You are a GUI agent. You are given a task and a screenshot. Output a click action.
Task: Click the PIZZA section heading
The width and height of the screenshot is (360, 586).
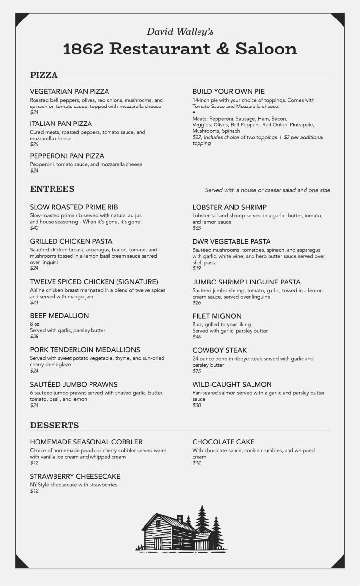44,75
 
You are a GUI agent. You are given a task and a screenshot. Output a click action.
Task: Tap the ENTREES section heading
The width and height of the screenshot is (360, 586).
52,189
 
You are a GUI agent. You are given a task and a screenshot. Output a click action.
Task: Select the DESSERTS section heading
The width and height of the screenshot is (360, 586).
54,425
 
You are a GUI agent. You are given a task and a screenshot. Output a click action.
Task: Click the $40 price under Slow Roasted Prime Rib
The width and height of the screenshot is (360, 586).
34,228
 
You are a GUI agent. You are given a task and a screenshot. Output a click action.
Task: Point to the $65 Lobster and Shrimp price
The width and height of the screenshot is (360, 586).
197,228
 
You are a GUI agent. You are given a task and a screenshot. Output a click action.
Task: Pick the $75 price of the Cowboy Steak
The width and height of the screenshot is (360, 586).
197,371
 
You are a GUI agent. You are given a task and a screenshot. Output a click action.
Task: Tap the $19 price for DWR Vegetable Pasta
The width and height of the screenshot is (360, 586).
197,268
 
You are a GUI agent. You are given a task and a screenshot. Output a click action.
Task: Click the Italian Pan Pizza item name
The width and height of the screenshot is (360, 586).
61,124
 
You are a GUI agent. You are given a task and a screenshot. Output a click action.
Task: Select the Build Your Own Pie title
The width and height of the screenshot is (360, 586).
228,91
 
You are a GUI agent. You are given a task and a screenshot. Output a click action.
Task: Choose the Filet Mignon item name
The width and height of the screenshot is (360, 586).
217,316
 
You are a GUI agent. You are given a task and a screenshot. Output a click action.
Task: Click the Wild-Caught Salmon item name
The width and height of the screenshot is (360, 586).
232,384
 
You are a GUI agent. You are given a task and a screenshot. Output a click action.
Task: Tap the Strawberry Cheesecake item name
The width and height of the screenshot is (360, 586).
75,476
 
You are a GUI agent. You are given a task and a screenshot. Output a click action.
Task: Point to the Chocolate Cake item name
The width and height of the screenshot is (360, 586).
223,442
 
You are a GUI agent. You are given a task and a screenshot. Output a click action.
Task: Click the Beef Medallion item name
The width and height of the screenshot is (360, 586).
59,316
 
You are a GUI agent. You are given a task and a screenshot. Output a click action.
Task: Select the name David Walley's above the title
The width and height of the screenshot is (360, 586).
180,32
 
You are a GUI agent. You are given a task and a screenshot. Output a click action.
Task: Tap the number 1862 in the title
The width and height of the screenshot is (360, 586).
84,49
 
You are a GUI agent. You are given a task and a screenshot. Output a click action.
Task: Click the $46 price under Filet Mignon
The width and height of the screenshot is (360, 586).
197,337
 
